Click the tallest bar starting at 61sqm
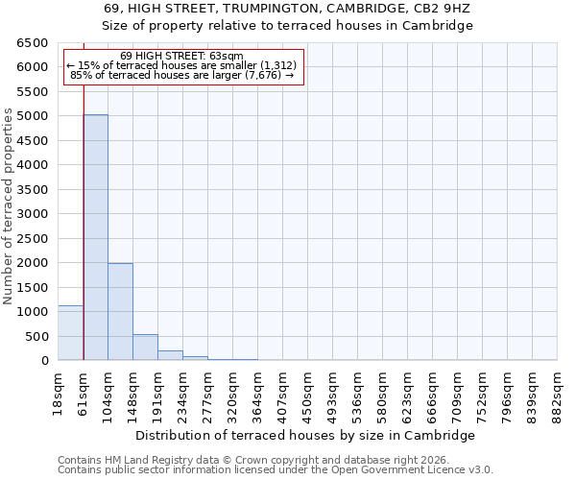(95, 237)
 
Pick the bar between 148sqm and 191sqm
(145, 348)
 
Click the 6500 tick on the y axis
(35, 43)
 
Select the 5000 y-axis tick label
(35, 116)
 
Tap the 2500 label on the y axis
(35, 238)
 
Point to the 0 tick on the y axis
(44, 361)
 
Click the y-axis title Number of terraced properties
(9, 206)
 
